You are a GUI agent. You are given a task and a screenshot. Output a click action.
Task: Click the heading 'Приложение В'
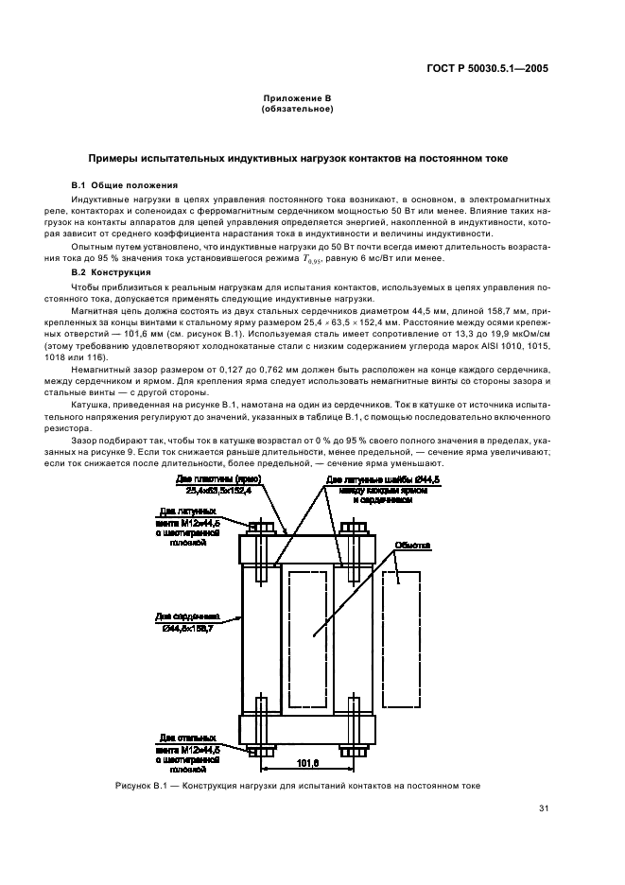[x=297, y=98]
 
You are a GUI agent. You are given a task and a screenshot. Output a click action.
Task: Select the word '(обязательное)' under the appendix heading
[x=297, y=109]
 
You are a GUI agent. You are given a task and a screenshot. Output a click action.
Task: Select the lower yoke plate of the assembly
[x=308, y=729]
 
